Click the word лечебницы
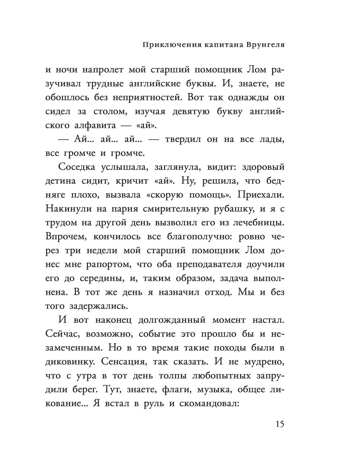pos(258,223)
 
